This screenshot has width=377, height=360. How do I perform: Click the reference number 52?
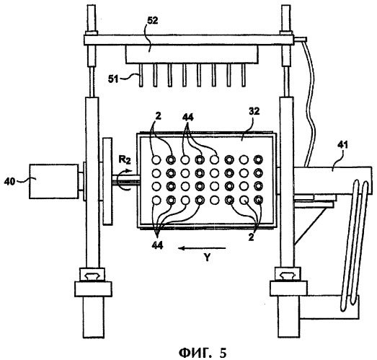click(152, 21)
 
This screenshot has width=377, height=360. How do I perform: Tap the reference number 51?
click(113, 79)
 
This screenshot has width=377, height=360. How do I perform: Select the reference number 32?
click(254, 111)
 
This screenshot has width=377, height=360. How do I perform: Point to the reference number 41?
click(342, 144)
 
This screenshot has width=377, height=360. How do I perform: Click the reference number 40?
click(9, 181)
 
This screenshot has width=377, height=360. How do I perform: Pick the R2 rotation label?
click(125, 159)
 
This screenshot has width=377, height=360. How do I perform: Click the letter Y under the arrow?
click(208, 258)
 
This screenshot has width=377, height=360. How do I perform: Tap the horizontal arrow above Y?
click(203, 248)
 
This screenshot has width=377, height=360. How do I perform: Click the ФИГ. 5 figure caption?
click(203, 353)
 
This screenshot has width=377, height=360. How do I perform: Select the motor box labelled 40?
click(53, 181)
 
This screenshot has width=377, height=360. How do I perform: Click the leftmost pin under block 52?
click(141, 75)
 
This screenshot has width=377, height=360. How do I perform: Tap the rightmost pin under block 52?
click(244, 75)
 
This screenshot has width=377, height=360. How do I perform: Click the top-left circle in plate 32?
click(156, 159)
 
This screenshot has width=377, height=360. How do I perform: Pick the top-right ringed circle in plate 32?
click(259, 159)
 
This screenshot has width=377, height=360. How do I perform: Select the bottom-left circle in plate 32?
click(156, 200)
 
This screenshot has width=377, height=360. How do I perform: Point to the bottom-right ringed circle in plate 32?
click(259, 200)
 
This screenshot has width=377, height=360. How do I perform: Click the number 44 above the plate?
click(188, 117)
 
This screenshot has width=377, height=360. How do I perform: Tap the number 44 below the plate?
click(157, 245)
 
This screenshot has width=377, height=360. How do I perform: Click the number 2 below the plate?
click(251, 237)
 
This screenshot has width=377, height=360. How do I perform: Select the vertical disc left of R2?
click(107, 181)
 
